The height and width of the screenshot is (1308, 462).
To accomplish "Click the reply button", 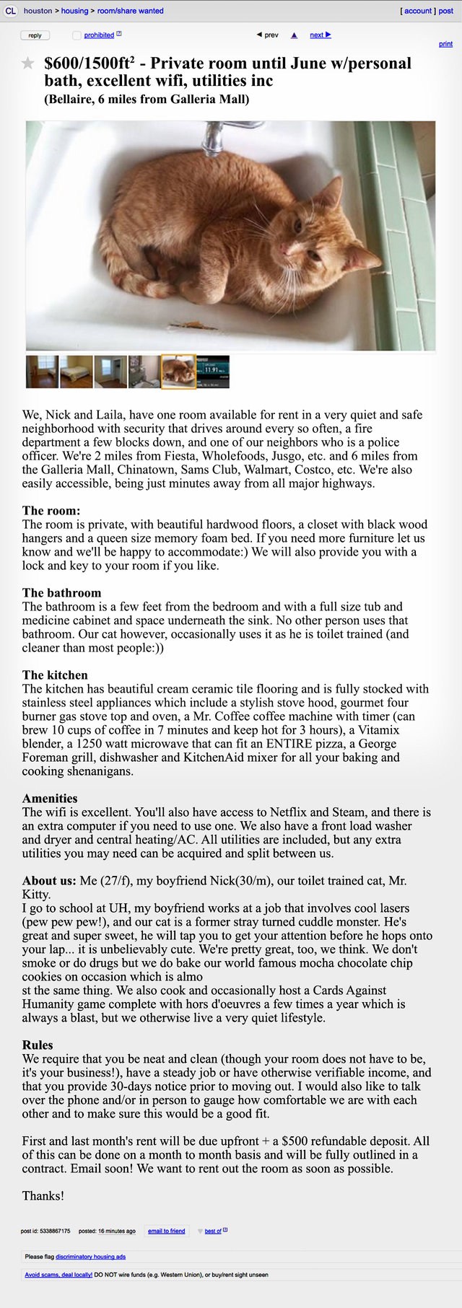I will pyautogui.click(x=35, y=35).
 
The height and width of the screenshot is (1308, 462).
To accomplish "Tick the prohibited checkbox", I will pyautogui.click(x=77, y=35).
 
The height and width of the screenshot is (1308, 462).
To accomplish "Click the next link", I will pyautogui.click(x=320, y=35).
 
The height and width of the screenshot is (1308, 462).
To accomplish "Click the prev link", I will pyautogui.click(x=268, y=35).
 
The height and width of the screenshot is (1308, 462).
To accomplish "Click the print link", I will pyautogui.click(x=445, y=44).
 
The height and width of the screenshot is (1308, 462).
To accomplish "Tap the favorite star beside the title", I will pyautogui.click(x=27, y=63).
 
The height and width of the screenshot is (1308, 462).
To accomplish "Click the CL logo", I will pyautogui.click(x=10, y=11).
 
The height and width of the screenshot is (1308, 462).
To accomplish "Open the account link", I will pyautogui.click(x=418, y=11).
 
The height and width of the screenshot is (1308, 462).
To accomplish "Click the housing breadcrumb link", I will pyautogui.click(x=74, y=11).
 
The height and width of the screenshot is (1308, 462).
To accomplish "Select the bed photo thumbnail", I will pyautogui.click(x=76, y=372).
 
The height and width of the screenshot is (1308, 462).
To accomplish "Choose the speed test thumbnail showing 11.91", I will pyautogui.click(x=213, y=372).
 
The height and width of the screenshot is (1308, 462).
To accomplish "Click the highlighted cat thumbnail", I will pyautogui.click(x=178, y=372).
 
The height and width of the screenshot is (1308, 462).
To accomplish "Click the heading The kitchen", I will pyautogui.click(x=55, y=675).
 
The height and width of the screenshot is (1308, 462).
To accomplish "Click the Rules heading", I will pyautogui.click(x=38, y=1045).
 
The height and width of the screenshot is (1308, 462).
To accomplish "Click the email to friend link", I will pyautogui.click(x=167, y=1231).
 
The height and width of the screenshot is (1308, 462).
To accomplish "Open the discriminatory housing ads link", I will pyautogui.click(x=90, y=1256).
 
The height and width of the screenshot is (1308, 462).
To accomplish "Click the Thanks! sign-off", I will pyautogui.click(x=43, y=1195).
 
